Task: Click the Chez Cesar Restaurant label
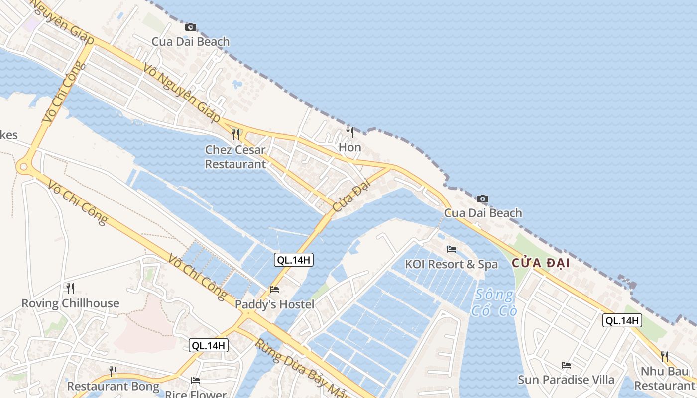(235, 157)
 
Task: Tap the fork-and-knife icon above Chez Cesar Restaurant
(235, 134)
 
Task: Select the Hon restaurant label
(349, 147)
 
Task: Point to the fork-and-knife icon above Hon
(350, 132)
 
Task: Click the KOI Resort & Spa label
(451, 264)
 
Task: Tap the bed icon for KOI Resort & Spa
(452, 249)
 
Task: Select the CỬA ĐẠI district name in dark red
(541, 263)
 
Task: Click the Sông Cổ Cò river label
(494, 302)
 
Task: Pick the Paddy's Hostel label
(274, 304)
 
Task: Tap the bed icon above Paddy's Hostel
(274, 289)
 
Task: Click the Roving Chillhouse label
(70, 303)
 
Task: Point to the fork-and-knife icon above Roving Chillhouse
(70, 288)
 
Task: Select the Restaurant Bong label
(113, 386)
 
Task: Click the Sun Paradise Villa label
(566, 380)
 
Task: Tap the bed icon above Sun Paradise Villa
(566, 365)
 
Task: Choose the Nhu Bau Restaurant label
(665, 378)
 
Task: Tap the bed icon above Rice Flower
(196, 381)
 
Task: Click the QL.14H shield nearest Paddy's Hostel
(294, 259)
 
